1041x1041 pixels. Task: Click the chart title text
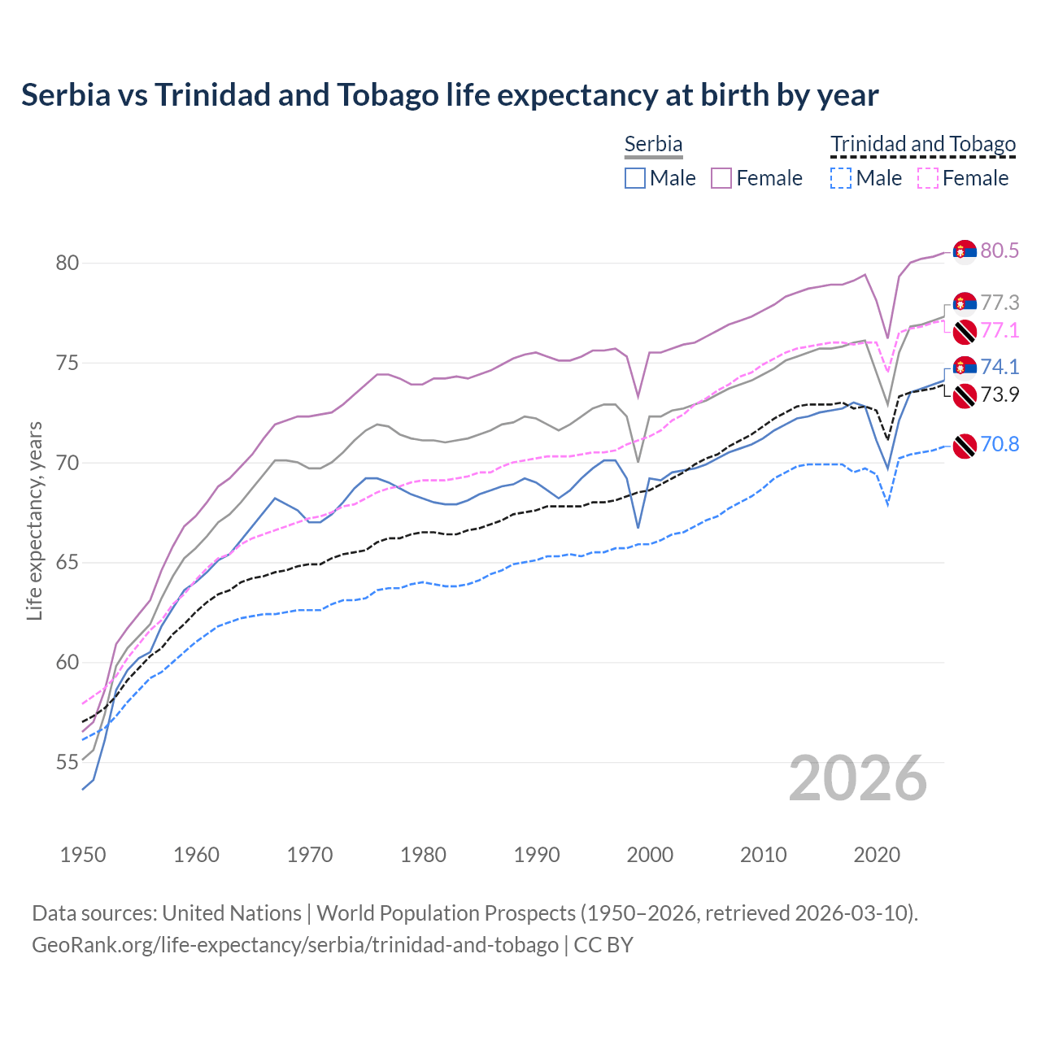point(450,95)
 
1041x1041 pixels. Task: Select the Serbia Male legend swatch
point(635,178)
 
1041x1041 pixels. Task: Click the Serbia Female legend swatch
point(721,178)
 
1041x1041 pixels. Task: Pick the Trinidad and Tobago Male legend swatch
point(841,178)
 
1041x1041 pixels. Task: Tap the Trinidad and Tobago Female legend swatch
point(927,178)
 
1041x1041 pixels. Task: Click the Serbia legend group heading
point(653,144)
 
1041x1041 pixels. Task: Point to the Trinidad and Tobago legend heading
point(923,144)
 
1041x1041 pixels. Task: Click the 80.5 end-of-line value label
point(1000,250)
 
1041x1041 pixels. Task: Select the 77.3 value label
point(1000,303)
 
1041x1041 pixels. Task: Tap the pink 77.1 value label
point(1000,330)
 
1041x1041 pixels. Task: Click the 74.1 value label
point(1000,367)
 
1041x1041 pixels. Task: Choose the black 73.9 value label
point(1000,394)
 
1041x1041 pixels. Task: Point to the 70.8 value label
point(1000,444)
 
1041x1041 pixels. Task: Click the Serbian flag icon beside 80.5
point(965,252)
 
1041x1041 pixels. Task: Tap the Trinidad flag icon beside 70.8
point(965,445)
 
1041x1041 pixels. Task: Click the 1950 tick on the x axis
point(83,855)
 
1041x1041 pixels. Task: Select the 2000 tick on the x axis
point(650,855)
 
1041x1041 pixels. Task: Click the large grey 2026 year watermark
point(858,778)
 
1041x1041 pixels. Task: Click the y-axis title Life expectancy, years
point(35,520)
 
